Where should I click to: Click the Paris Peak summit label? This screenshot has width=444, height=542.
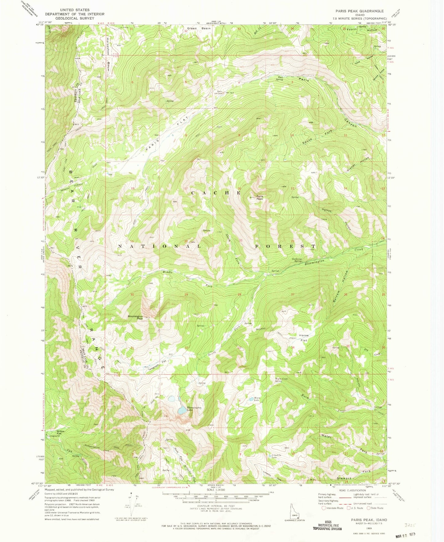coord(260,198)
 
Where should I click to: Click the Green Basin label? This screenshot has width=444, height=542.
coord(199,29)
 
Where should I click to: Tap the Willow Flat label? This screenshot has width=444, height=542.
coord(61,432)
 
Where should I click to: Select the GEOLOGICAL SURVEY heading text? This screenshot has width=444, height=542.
coord(75,18)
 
